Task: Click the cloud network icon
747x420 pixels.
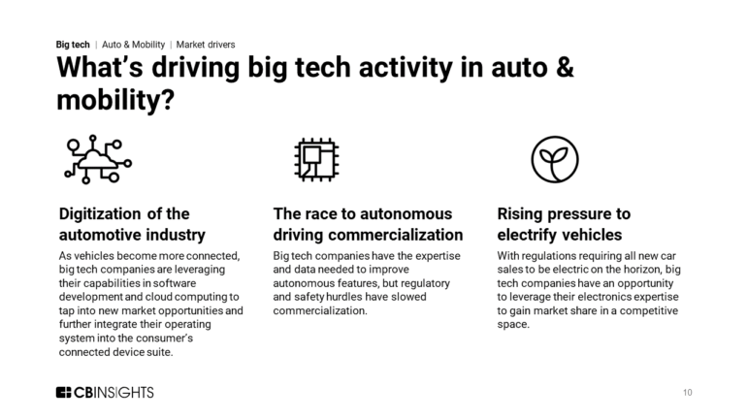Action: [x=98, y=159]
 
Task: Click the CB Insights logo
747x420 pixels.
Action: [x=105, y=392]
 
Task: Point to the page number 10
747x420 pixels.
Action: [x=687, y=393]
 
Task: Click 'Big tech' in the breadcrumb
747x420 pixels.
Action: [x=73, y=45]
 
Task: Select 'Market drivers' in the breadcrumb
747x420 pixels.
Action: [x=206, y=45]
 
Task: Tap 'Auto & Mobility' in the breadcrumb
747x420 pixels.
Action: [x=134, y=45]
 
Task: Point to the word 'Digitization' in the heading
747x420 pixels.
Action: [x=101, y=213]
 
